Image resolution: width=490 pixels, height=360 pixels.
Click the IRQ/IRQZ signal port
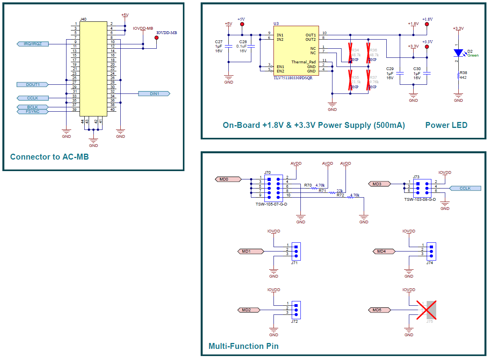tap(33, 44)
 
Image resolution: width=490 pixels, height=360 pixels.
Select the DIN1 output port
tap(154, 93)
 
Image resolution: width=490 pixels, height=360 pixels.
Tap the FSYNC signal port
tap(33, 112)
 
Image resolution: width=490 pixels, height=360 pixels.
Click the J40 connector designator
tap(83, 19)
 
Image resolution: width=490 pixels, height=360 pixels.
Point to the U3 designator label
tap(276, 24)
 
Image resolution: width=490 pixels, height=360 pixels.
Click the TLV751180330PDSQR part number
tap(293, 78)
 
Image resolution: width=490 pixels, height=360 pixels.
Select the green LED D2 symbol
tap(458, 53)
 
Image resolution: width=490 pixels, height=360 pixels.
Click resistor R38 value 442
tap(463, 78)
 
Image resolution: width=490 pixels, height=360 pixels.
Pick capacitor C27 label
tap(218, 42)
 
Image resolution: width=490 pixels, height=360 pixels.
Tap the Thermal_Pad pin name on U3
tap(304, 62)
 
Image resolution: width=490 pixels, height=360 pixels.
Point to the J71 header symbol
tap(296, 251)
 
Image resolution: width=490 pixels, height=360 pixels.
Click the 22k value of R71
tap(340, 190)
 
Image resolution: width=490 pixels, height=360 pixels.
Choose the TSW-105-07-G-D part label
tap(271, 204)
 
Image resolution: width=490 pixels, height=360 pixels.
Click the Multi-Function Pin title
tap(243, 346)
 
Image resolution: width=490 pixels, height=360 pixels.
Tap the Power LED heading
tap(446, 125)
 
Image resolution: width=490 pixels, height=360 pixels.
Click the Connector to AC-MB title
tap(49, 157)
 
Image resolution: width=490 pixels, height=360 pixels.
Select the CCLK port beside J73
tap(465, 189)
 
